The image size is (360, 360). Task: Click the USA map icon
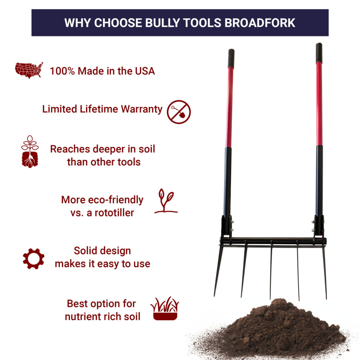pos(29,70)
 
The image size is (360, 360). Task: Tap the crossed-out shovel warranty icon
pos(179,112)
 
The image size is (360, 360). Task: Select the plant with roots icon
pos(30,152)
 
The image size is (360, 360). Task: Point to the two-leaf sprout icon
pos(166,201)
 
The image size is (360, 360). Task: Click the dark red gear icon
pos(33,259)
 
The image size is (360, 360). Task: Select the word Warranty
pos(142,109)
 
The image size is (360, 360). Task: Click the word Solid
pos(86,251)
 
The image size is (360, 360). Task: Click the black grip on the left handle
pos(231,58)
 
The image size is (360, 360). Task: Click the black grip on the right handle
pos(319,53)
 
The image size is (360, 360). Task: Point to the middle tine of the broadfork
pos(271,271)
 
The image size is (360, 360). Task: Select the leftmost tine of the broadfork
pos(218,271)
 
